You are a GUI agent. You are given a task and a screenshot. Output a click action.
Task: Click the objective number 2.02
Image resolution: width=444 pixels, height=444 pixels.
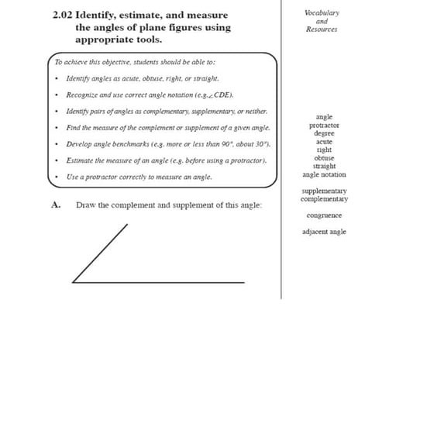pyautogui.click(x=62, y=15)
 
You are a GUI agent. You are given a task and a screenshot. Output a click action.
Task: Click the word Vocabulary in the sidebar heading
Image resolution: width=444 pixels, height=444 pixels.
pyautogui.click(x=322, y=12)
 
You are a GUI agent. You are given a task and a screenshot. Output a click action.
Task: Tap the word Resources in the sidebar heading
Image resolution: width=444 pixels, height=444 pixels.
pyautogui.click(x=322, y=29)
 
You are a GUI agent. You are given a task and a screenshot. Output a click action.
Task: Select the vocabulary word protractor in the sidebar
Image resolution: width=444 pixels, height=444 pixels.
pyautogui.click(x=324, y=126)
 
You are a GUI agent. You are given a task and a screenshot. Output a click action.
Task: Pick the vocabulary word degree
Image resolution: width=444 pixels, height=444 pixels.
pyautogui.click(x=324, y=133)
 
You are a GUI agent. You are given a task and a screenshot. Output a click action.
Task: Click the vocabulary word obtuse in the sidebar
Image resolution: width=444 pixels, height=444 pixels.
pyautogui.click(x=324, y=158)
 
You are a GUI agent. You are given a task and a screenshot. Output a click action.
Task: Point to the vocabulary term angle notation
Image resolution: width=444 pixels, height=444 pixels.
pyautogui.click(x=324, y=174)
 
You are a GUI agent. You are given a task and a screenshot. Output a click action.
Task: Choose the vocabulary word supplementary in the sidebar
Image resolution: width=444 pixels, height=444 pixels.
pyautogui.click(x=324, y=191)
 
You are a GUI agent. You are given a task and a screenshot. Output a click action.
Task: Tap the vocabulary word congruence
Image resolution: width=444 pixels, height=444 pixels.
pyautogui.click(x=324, y=215)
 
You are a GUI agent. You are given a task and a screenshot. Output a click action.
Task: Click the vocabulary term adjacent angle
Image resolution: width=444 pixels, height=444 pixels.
pyautogui.click(x=324, y=232)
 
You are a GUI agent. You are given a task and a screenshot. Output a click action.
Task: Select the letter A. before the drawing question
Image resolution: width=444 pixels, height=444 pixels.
pyautogui.click(x=56, y=205)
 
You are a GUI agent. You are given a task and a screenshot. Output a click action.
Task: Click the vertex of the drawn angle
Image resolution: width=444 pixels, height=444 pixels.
pyautogui.click(x=73, y=282)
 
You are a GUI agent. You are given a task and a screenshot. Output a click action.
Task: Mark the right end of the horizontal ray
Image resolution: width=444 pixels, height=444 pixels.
pyautogui.click(x=243, y=282)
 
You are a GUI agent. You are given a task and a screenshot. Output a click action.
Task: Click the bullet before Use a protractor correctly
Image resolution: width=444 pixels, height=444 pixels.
pyautogui.click(x=57, y=177)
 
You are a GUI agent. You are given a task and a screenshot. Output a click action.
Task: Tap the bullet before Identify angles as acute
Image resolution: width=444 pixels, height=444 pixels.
pyautogui.click(x=57, y=78)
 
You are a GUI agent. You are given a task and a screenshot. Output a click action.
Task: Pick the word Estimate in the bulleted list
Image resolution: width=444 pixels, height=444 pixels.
pyautogui.click(x=81, y=160)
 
